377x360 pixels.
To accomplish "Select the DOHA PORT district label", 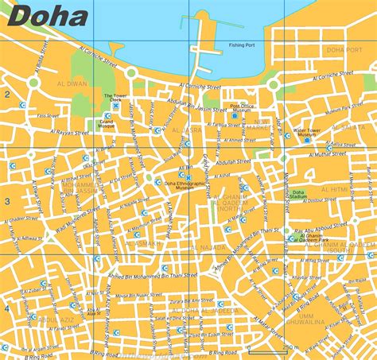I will (344, 50).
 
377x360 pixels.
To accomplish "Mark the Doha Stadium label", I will (297, 195).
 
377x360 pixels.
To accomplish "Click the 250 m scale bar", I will (290, 347).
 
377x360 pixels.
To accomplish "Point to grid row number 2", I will (6, 95).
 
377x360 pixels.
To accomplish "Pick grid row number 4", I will (6, 308).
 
